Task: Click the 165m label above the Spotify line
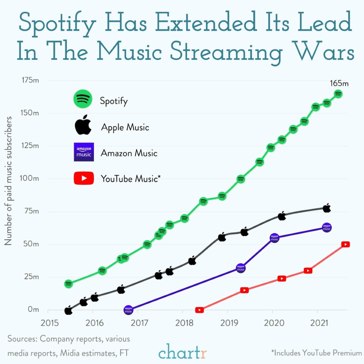(339, 83)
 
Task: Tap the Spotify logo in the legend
(83, 99)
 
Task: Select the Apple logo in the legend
(83, 125)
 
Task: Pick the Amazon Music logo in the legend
(83, 152)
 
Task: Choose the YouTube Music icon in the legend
(83, 178)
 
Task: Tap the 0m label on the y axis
(33, 309)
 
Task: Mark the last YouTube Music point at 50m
(345, 244)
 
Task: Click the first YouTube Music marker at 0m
(200, 310)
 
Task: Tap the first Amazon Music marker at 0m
(128, 309)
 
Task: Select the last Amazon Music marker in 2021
(327, 228)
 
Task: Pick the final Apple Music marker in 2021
(327, 209)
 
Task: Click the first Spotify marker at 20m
(68, 284)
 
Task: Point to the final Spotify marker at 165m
(338, 94)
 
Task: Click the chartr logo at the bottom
(182, 351)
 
